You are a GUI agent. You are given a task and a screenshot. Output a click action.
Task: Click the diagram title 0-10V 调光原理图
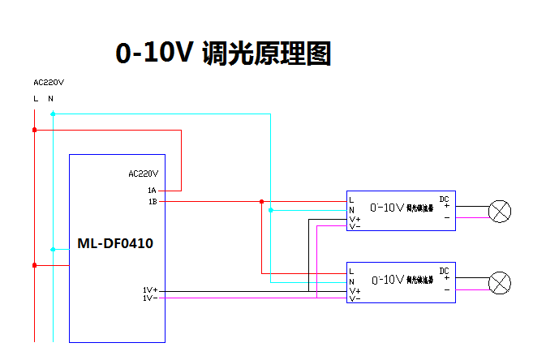[x=224, y=54]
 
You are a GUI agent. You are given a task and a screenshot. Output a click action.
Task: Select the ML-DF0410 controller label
[x=115, y=242]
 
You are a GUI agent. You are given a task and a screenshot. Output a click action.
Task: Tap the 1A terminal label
[x=152, y=190]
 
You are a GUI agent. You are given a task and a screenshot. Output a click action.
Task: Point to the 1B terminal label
[x=152, y=201]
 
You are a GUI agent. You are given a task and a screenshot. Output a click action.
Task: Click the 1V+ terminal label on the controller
[x=150, y=289]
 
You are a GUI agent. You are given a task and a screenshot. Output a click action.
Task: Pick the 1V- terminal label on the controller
[x=149, y=298]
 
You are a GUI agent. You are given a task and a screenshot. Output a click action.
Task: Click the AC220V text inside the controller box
[x=144, y=174]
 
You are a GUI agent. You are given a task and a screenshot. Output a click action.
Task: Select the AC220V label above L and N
[x=49, y=82]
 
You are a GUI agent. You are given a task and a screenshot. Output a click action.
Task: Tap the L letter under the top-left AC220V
[x=35, y=99]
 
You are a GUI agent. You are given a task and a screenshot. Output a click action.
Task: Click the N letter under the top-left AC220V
[x=50, y=99]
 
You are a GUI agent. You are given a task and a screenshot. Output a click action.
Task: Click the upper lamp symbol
[x=501, y=212]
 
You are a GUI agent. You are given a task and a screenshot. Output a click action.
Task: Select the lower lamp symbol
[x=501, y=284]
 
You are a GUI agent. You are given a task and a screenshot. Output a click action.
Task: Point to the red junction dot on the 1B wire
[x=261, y=202]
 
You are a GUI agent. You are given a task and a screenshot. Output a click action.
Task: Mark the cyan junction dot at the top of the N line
[x=53, y=114]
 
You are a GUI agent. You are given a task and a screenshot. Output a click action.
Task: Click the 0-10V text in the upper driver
[x=387, y=208]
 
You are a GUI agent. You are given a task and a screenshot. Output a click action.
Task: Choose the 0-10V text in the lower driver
[x=387, y=280]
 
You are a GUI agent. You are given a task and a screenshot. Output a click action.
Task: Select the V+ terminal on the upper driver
[x=355, y=219]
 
